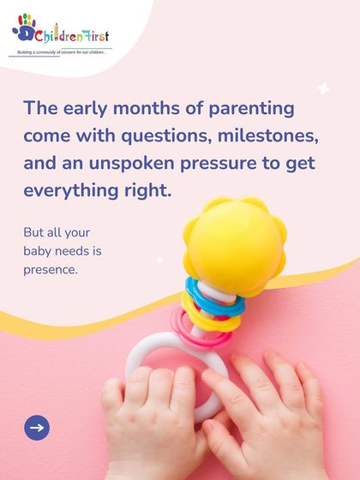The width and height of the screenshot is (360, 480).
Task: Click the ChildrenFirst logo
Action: [60, 33]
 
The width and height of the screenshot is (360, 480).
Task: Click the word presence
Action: [51, 270]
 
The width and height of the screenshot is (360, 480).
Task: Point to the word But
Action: [33, 232]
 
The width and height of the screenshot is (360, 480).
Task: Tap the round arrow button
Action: [37, 427]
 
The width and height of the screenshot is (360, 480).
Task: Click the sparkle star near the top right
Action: [324, 87]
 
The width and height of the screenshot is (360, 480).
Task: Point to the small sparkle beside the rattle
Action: [159, 259]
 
